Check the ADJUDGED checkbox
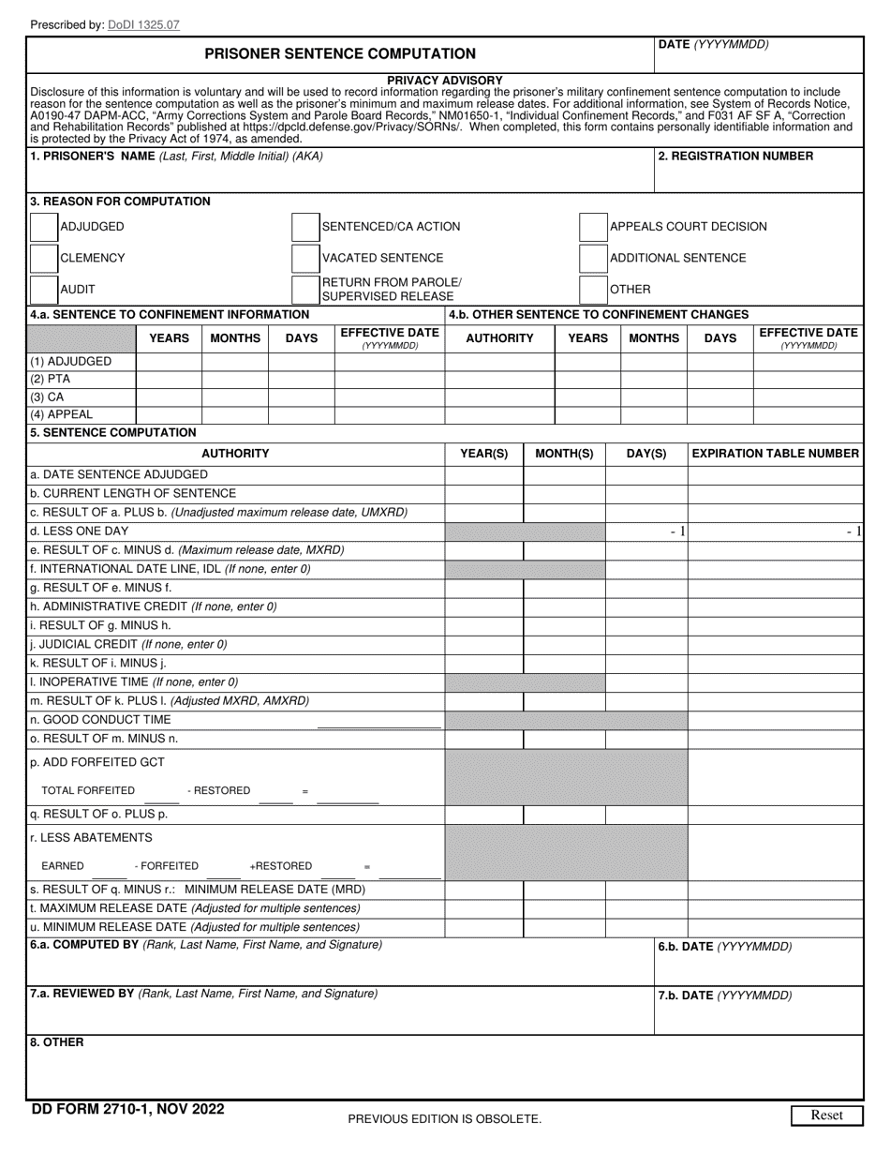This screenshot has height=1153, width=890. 44,227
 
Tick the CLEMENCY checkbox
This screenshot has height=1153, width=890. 44,258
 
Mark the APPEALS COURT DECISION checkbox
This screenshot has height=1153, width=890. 593,227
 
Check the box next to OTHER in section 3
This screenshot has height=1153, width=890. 593,289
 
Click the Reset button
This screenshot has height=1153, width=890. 825,1116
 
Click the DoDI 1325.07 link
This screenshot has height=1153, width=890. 143,24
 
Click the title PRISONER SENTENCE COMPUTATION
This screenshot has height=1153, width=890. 340,54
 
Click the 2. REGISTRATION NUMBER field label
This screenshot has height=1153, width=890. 735,157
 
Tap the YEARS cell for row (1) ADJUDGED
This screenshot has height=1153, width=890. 169,362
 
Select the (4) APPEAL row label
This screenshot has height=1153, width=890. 62,414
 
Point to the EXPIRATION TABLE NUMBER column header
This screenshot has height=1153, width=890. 775,454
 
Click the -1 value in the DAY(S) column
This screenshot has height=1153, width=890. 677,532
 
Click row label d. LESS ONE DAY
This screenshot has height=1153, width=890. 80,532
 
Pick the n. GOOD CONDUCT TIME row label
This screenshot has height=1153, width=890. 100,720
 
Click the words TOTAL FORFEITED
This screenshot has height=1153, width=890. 88,791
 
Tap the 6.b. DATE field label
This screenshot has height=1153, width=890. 724,947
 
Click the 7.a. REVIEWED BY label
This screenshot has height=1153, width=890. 83,994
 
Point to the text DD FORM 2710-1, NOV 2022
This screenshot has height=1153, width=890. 127,1110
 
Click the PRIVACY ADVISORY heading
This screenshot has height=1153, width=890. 445,81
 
